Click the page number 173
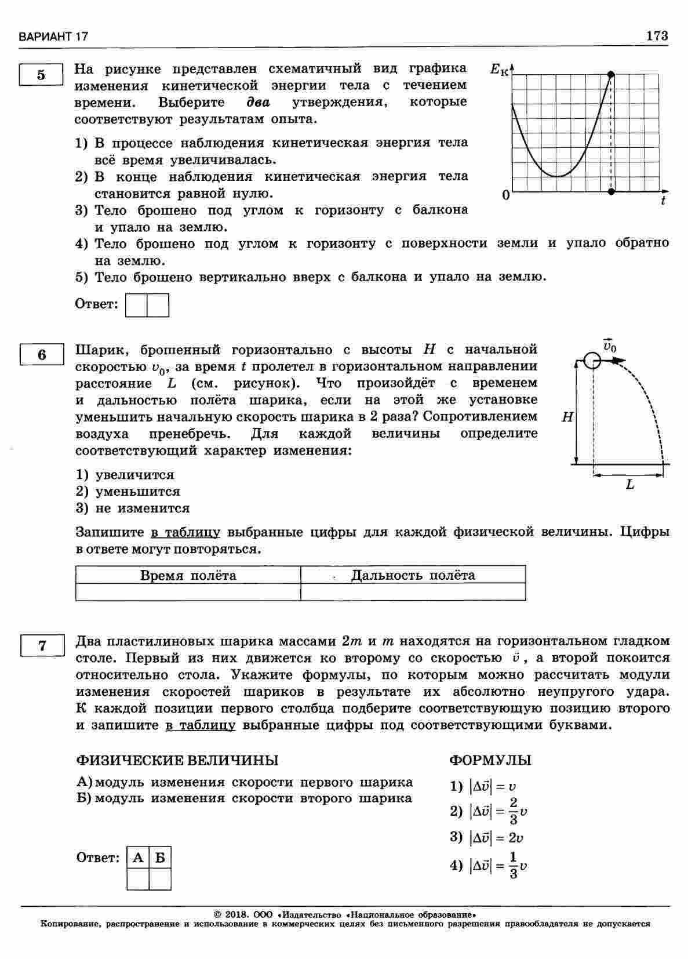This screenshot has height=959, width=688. pos(657,36)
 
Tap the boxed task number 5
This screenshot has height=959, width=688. pos(41,75)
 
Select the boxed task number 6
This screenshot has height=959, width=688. pos(42,354)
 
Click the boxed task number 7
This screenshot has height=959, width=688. pos(42,645)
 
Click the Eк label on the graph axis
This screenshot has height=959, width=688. pos(498,70)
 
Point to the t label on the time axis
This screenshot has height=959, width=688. pos(662,201)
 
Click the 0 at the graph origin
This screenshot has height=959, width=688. pos(505,196)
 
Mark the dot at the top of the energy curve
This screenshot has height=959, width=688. pos(611,74)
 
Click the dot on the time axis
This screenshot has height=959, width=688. pos(611,191)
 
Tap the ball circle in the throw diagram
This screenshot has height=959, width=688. pos(591,361)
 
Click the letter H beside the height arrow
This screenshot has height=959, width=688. pos(567,416)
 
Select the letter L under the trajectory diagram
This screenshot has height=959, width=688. pos(630,485)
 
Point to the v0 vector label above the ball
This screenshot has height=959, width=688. pos(609,346)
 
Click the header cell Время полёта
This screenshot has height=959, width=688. pos(188,575)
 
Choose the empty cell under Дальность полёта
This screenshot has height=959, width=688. pos(413,591)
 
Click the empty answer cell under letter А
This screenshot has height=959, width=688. pos(138,879)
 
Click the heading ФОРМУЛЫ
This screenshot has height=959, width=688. pos(490,760)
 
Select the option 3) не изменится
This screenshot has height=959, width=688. pos(133,508)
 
